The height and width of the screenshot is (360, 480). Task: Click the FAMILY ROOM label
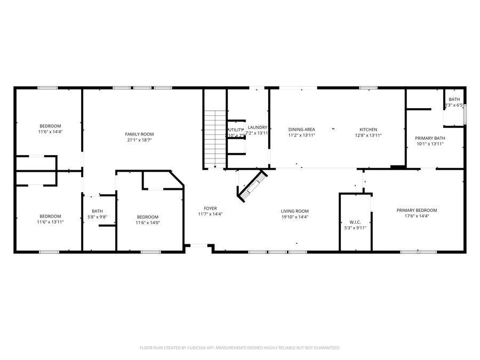(139, 134)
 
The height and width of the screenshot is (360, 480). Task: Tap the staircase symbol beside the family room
(214, 139)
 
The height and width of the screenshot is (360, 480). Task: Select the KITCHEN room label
(368, 130)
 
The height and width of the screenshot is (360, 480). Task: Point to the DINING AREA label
(301, 130)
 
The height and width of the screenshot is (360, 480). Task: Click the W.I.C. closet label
(355, 222)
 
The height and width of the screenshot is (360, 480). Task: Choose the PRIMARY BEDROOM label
(417, 210)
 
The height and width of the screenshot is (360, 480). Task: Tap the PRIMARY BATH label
(430, 138)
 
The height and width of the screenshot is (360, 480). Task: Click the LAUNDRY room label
(258, 127)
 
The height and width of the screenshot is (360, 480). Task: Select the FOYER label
(210, 208)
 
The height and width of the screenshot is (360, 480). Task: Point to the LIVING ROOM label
(295, 211)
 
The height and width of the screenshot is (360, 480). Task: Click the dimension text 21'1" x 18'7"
(139, 140)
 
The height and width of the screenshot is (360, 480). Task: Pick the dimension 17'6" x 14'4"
(417, 217)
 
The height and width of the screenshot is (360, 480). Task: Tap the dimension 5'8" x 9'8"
(97, 217)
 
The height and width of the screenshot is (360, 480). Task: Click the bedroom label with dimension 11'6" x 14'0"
(148, 217)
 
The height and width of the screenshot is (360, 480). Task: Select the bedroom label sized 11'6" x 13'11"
(51, 216)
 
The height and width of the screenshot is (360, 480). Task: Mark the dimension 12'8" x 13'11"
(368, 136)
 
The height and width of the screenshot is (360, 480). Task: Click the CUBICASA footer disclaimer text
(239, 348)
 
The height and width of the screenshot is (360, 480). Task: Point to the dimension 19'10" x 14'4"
(295, 217)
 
